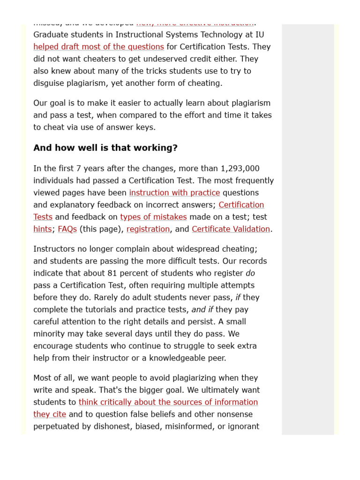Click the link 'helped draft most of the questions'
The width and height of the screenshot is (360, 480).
[98, 47]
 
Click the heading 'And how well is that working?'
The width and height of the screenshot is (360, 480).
[105, 148]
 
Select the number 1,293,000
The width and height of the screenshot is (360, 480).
[240, 169]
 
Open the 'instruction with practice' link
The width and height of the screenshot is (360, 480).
[174, 193]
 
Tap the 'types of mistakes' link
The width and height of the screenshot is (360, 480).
[153, 217]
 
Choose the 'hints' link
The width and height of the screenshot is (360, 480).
[42, 229]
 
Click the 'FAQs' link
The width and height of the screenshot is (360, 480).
[67, 229]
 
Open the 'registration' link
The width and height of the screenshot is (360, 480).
[148, 229]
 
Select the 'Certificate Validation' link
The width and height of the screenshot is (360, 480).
[231, 229]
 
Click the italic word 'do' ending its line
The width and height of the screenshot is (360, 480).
[250, 273]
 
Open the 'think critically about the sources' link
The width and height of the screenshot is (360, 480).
[168, 402]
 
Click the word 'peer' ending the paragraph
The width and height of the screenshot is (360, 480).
[215, 358]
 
